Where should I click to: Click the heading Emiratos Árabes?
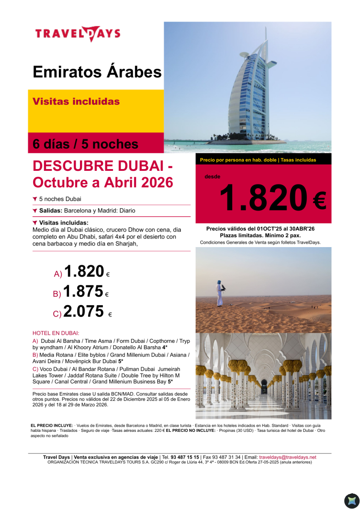97,72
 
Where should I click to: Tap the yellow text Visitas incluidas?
76,102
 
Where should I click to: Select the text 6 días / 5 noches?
86,144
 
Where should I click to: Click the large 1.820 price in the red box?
263,198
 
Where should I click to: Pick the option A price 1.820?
84,271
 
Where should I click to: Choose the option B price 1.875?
83,292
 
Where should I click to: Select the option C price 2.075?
83,312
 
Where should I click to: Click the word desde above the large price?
212,177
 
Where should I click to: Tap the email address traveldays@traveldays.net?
288,457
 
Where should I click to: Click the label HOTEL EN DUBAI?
56,333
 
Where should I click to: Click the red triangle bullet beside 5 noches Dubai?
35,199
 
